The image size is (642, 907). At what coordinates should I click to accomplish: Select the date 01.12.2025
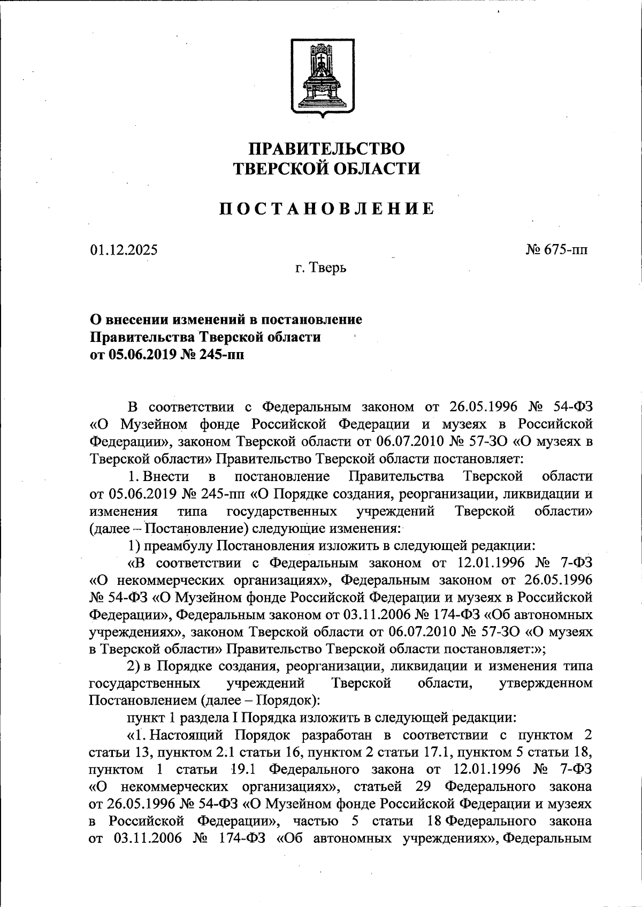(x=124, y=250)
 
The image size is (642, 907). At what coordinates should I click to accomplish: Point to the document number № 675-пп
(x=557, y=250)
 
